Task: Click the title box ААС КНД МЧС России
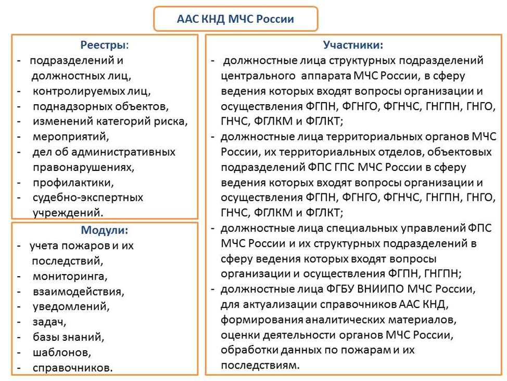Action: click(x=236, y=19)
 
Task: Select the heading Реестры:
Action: click(x=105, y=45)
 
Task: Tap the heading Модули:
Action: click(x=105, y=230)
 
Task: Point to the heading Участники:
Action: click(x=353, y=45)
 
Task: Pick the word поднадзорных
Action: click(x=72, y=106)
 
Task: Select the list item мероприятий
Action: click(x=71, y=137)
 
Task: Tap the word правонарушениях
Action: click(x=83, y=167)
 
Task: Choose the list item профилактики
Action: click(x=73, y=183)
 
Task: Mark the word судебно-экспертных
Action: click(x=87, y=198)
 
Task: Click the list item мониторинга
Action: click(x=70, y=276)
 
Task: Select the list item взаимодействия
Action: click(x=78, y=292)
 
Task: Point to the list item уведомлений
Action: click(x=71, y=306)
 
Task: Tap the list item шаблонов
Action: click(x=62, y=352)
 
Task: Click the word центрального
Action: click(x=258, y=76)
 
